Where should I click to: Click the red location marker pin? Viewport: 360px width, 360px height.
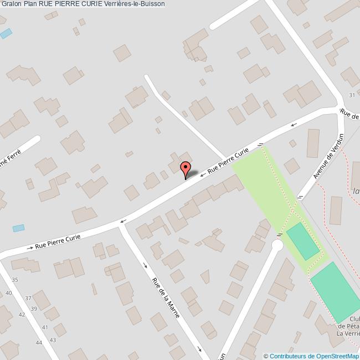click(x=185, y=169)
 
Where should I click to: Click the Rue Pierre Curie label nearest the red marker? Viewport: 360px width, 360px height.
click(x=228, y=161)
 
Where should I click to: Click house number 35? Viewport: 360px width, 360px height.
click(x=15, y=280)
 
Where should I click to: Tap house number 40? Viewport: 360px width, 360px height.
click(x=9, y=292)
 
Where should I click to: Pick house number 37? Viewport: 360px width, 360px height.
click(x=28, y=299)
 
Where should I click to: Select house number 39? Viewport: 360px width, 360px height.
click(x=34, y=308)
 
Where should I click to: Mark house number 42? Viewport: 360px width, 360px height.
click(x=22, y=315)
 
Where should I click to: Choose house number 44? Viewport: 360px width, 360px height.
click(x=38, y=343)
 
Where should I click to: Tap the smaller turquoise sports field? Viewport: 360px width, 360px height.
click(x=303, y=240)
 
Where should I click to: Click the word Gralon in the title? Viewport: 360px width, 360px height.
click(x=11, y=4)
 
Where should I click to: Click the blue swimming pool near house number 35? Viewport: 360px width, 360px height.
click(x=19, y=228)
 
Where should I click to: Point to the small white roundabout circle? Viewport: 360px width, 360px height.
click(x=277, y=245)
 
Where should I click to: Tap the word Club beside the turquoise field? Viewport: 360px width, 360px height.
click(x=354, y=320)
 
